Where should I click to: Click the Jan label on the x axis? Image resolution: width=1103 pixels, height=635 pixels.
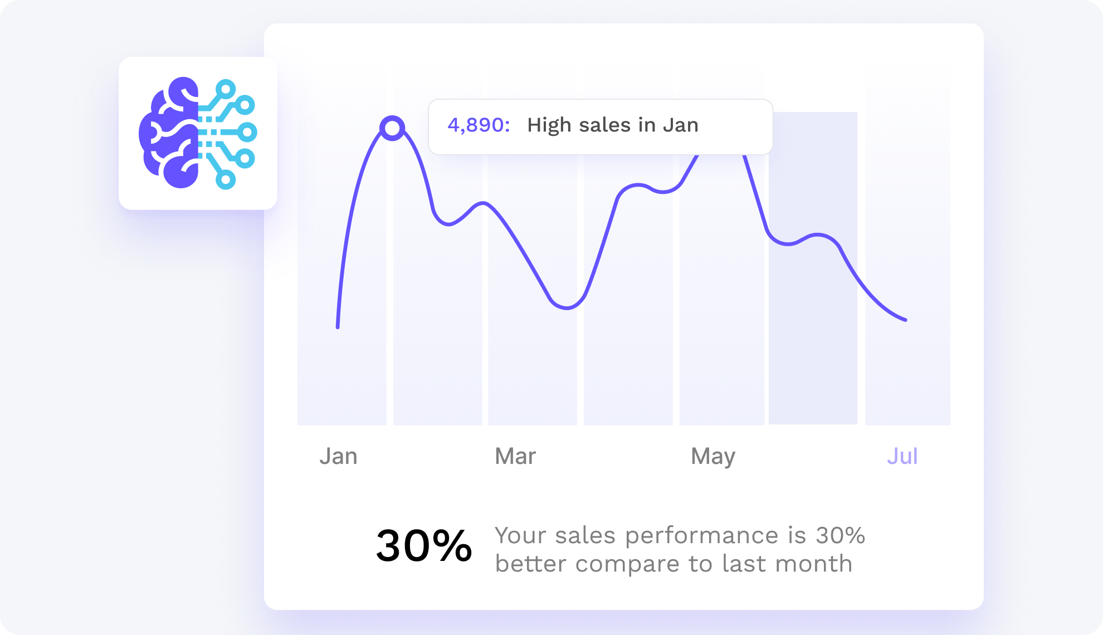(338, 456)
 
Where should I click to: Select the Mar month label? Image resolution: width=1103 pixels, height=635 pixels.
(515, 456)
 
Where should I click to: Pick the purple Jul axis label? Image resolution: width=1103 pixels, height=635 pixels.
(902, 456)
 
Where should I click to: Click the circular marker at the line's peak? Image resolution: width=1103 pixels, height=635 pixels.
(392, 128)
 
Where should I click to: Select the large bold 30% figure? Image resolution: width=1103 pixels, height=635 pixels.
(424, 546)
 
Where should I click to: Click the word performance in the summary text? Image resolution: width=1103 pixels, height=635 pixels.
(701, 536)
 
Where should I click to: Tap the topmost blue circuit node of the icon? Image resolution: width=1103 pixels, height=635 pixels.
(226, 89)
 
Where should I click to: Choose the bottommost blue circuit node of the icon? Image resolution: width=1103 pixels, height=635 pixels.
(226, 180)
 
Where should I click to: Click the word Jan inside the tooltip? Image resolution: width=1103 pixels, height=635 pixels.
(680, 125)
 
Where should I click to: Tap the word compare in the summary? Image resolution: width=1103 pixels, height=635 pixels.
(627, 565)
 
